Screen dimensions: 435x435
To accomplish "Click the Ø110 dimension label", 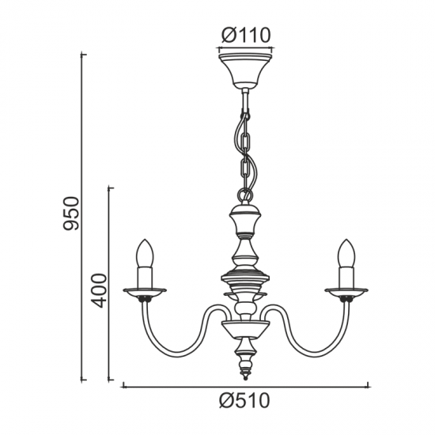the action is [x=245, y=36].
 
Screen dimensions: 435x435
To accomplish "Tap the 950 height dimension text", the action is [x=71, y=214].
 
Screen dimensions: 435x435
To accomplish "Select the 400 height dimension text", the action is [x=99, y=290].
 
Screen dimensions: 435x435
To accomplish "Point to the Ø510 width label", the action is [x=244, y=401].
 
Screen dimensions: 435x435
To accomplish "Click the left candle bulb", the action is [x=145, y=253].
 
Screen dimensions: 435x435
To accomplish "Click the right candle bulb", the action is [x=346, y=253].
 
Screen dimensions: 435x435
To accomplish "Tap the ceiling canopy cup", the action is [x=245, y=70].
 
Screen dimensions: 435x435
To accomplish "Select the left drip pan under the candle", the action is [x=145, y=293].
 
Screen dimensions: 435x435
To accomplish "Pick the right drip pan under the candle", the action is [x=346, y=293].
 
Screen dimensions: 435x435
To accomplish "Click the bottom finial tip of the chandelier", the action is [x=245, y=378].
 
